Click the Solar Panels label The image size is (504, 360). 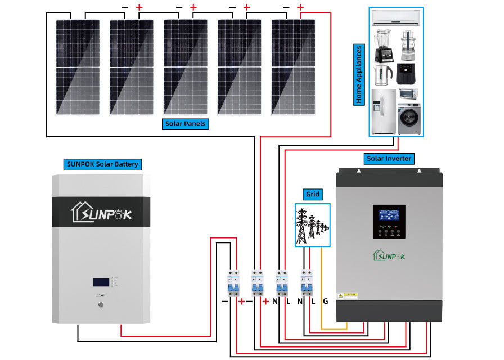[x=186, y=124]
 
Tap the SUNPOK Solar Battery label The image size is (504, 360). [x=101, y=164]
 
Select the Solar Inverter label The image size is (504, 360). [x=389, y=159]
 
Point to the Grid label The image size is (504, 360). [x=312, y=194]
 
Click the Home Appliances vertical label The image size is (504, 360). [x=359, y=74]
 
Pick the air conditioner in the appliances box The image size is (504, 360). [x=396, y=18]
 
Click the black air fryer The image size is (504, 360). [x=407, y=74]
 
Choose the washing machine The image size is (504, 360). [x=409, y=118]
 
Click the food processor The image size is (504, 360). [x=408, y=46]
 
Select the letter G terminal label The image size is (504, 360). [x=325, y=301]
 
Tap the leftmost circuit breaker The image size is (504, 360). [x=232, y=284]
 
